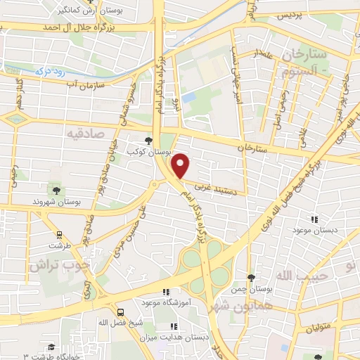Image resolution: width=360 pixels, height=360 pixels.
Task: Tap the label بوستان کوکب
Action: pos(127,151)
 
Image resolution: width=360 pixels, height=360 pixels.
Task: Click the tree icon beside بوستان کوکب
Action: pos(148,141)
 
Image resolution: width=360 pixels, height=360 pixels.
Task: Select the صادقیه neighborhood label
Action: pos(86,132)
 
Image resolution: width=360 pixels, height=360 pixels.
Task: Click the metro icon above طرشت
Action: pos(59,235)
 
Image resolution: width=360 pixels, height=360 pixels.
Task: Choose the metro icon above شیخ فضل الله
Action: pos(121,311)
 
